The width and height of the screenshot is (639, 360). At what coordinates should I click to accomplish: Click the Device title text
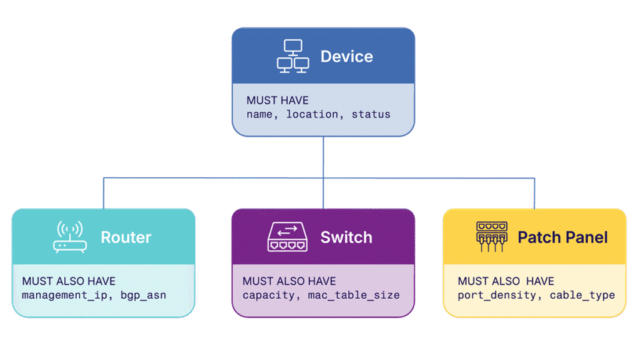click(346, 57)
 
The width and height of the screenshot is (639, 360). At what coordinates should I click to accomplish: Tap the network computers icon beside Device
click(293, 57)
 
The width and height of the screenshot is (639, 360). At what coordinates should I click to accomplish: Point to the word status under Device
click(371, 115)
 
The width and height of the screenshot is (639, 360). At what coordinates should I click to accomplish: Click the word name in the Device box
click(260, 115)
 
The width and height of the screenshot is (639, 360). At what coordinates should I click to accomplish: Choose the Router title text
click(126, 238)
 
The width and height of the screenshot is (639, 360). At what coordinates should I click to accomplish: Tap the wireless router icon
click(70, 237)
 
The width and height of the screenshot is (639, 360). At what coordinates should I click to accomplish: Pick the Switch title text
click(346, 238)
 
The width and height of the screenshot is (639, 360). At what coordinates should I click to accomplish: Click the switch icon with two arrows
click(287, 238)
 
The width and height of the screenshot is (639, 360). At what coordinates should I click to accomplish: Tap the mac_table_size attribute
click(354, 295)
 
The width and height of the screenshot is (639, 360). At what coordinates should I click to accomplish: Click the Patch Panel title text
click(562, 238)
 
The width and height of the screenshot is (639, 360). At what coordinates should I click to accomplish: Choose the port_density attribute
click(497, 295)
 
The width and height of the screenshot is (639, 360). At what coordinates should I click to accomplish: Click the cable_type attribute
click(582, 295)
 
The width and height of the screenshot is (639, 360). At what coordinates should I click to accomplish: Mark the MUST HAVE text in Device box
click(277, 100)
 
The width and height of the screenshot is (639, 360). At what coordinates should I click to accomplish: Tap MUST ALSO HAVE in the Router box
click(69, 281)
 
